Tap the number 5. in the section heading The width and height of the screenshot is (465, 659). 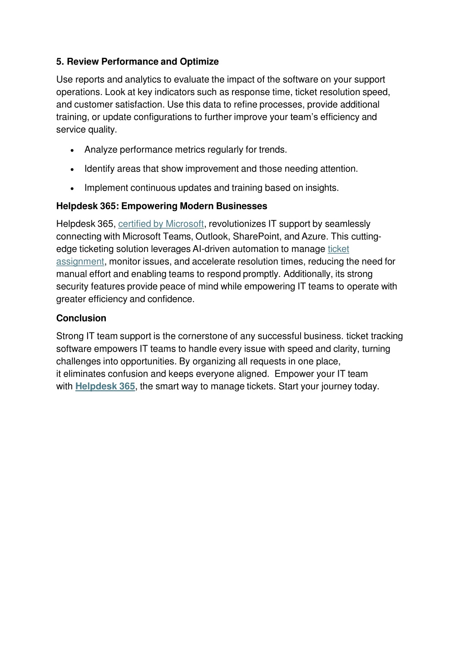coord(60,61)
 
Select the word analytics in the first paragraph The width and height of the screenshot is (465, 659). coord(143,80)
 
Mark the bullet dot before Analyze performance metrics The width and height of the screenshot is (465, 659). coord(73,151)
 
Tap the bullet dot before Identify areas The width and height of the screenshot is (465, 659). coord(73,170)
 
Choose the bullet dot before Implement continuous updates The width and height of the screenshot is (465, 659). coord(73,189)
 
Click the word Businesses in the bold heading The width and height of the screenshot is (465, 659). coord(242,206)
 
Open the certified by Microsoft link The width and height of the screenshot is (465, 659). coord(161,224)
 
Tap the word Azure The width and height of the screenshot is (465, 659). coord(314,236)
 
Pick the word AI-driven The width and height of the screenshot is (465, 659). coord(211,249)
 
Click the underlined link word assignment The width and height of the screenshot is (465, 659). coord(80,262)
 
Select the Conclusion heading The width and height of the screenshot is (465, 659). coord(81,318)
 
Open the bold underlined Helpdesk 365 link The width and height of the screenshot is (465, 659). coord(105,386)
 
